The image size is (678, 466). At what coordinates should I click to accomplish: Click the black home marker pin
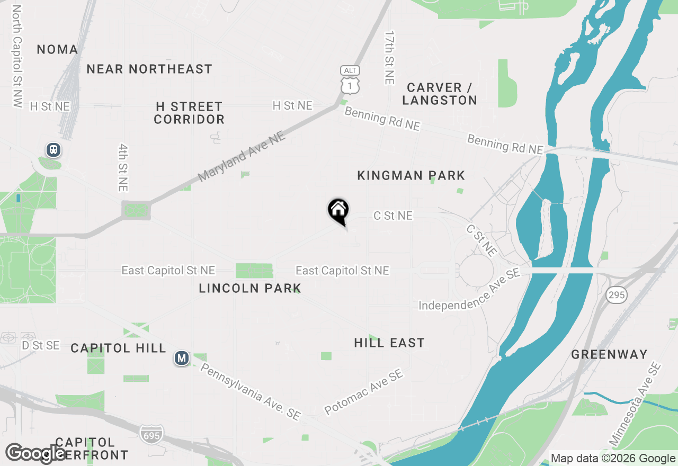pyautogui.click(x=338, y=211)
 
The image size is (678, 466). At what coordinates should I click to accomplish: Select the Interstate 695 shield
pyautogui.click(x=151, y=434)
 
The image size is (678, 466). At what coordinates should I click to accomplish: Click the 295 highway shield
pyautogui.click(x=617, y=295)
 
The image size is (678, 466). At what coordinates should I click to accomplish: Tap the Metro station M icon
pyautogui.click(x=182, y=359)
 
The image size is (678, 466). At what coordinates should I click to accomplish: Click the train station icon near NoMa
pyautogui.click(x=53, y=150)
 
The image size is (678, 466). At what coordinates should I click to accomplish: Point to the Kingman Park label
pyautogui.click(x=411, y=175)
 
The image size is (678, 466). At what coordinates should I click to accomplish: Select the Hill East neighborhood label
pyautogui.click(x=389, y=343)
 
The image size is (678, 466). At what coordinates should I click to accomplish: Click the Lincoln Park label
pyautogui.click(x=250, y=289)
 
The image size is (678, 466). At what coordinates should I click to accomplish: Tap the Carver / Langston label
pyautogui.click(x=440, y=94)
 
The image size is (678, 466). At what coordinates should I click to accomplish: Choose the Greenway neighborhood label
pyautogui.click(x=609, y=354)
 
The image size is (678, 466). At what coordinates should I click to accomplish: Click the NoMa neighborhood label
pyautogui.click(x=57, y=50)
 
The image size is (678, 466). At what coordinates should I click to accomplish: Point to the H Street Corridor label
pyautogui.click(x=189, y=113)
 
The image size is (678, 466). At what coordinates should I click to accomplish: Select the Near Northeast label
pyautogui.click(x=149, y=69)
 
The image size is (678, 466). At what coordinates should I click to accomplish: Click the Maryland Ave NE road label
pyautogui.click(x=242, y=157)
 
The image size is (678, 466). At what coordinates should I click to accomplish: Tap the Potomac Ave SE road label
pyautogui.click(x=364, y=392)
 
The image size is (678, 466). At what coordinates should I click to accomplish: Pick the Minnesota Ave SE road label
pyautogui.click(x=635, y=404)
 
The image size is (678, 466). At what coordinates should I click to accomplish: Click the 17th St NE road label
pyautogui.click(x=390, y=57)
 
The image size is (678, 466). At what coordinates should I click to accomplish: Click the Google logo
pyautogui.click(x=35, y=453)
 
